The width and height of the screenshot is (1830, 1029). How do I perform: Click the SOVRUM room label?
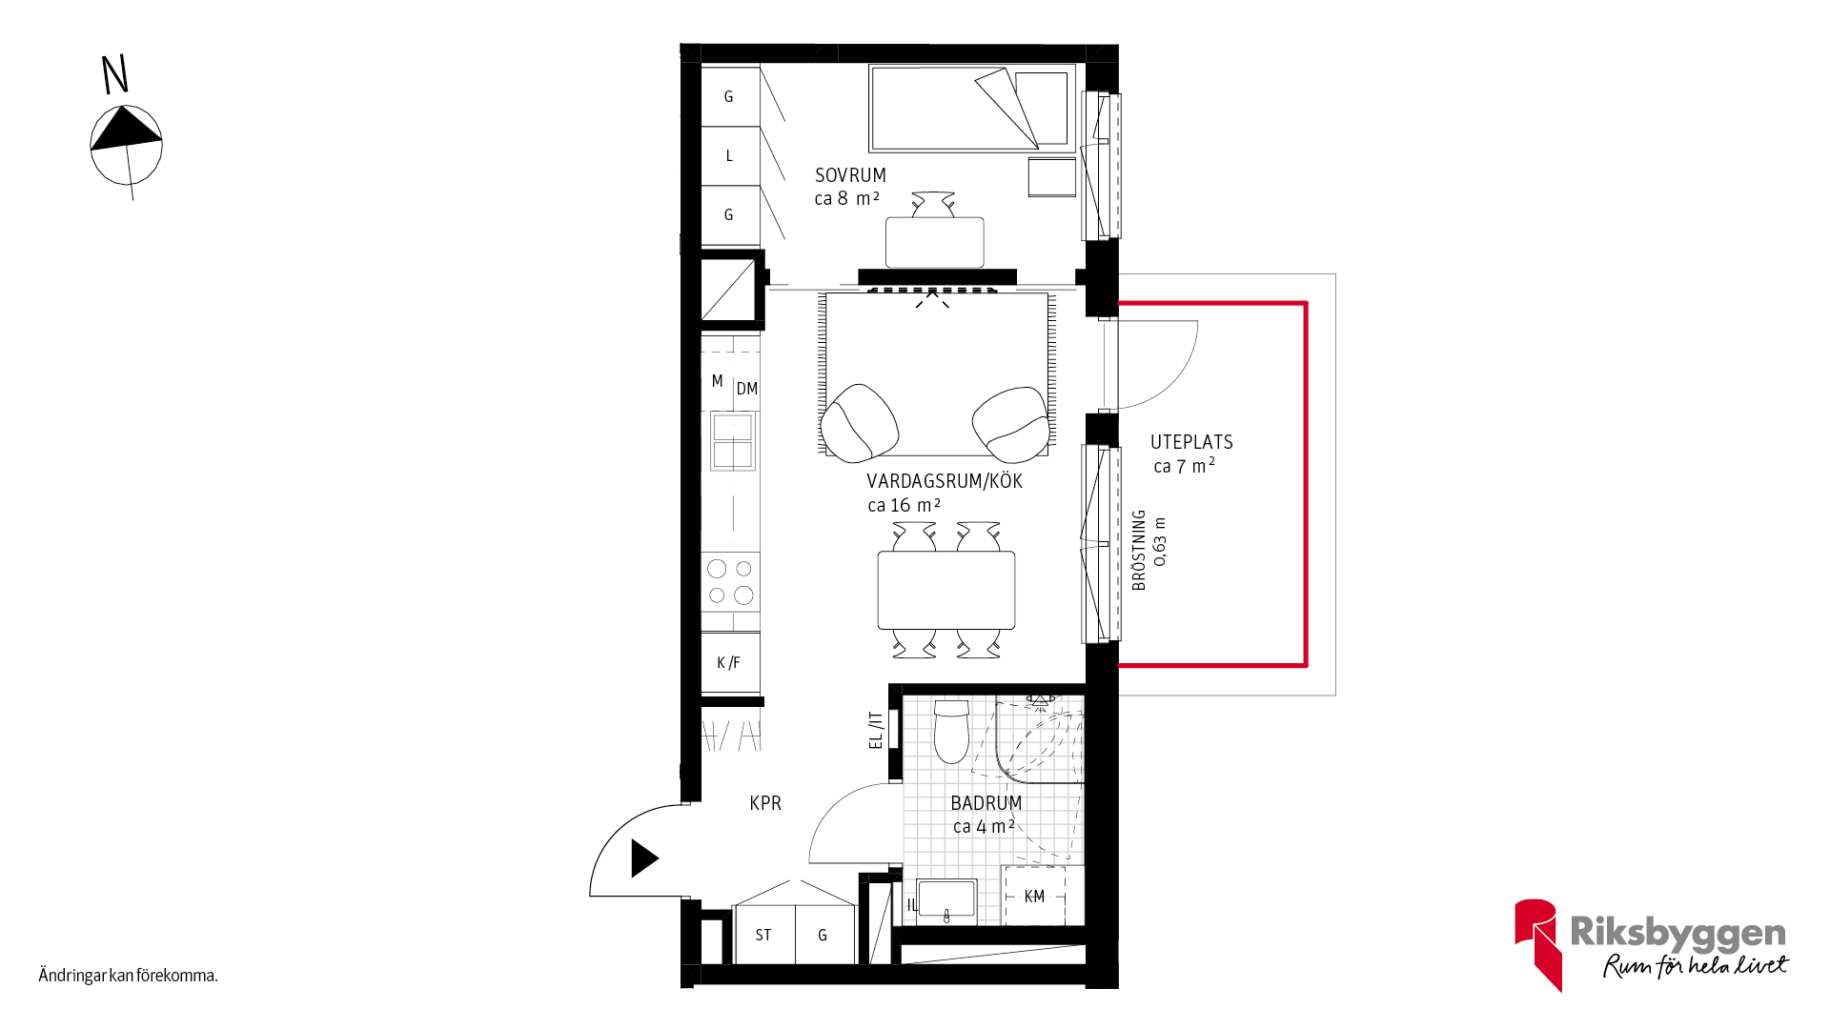[x=850, y=175]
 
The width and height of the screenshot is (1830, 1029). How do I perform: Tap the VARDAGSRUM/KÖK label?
[x=945, y=481]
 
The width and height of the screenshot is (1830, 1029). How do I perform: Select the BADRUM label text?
[x=986, y=803]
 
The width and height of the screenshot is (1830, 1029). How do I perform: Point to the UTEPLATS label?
[x=1191, y=442]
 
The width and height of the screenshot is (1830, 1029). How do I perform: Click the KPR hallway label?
[x=765, y=803]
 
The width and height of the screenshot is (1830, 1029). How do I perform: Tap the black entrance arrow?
[x=644, y=858]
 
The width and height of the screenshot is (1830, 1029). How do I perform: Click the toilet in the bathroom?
[x=951, y=732]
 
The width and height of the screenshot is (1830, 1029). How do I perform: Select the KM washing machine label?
[x=1034, y=897]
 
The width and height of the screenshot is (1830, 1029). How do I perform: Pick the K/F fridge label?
[x=728, y=662]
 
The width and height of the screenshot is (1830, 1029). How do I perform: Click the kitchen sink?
[x=733, y=441]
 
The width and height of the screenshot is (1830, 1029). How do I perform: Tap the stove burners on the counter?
[x=731, y=582]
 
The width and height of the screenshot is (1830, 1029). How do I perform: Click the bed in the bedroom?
[x=972, y=109]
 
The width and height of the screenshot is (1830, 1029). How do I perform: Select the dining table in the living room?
[x=946, y=590]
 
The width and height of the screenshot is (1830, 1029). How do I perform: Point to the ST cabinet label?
[x=763, y=936]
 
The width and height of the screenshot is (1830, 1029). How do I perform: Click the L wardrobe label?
[x=729, y=155]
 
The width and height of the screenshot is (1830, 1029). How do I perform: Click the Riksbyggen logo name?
[x=1677, y=932]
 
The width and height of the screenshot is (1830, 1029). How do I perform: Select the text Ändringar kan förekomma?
[x=129, y=975]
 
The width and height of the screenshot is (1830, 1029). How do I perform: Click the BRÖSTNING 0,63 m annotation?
[x=1149, y=550]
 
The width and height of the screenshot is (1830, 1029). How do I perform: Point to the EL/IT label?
[x=876, y=730]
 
